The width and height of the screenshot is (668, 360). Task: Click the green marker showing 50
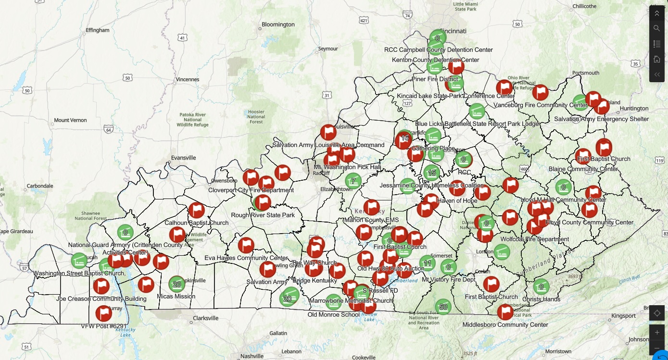tap(443, 307)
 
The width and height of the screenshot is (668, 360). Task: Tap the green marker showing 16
tap(404, 137)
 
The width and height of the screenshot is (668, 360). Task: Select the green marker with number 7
tap(353, 181)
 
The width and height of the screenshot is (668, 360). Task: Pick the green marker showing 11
tap(427, 263)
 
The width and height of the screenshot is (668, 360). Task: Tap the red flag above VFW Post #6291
tap(104, 313)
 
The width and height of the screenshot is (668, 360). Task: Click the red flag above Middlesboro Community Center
tap(505, 312)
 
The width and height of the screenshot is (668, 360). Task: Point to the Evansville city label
tap(183, 157)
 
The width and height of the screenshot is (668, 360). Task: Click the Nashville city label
tap(252, 356)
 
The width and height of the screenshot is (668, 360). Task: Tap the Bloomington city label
tap(278, 25)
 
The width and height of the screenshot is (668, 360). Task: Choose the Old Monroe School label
tap(333, 315)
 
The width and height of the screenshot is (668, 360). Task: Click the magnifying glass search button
tap(657, 28)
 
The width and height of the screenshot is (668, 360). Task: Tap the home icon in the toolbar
tap(657, 59)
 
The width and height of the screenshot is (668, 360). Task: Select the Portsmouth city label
tap(586, 73)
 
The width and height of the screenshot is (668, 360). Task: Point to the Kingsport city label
tap(623, 316)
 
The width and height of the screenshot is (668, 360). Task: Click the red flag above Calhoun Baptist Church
tap(197, 210)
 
